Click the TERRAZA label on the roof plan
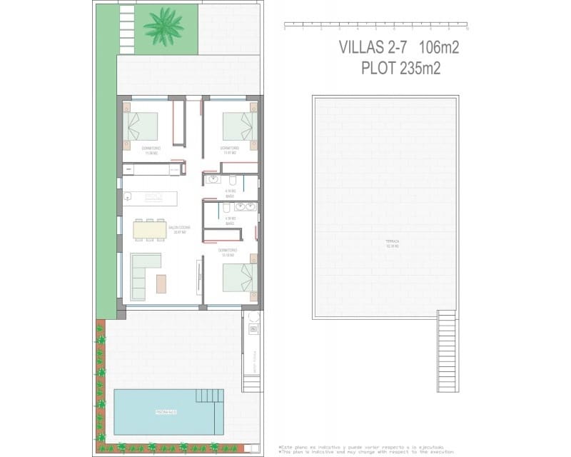point(392,242)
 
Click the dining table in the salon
point(150,229)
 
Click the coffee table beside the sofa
point(161,283)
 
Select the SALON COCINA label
point(178,229)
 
